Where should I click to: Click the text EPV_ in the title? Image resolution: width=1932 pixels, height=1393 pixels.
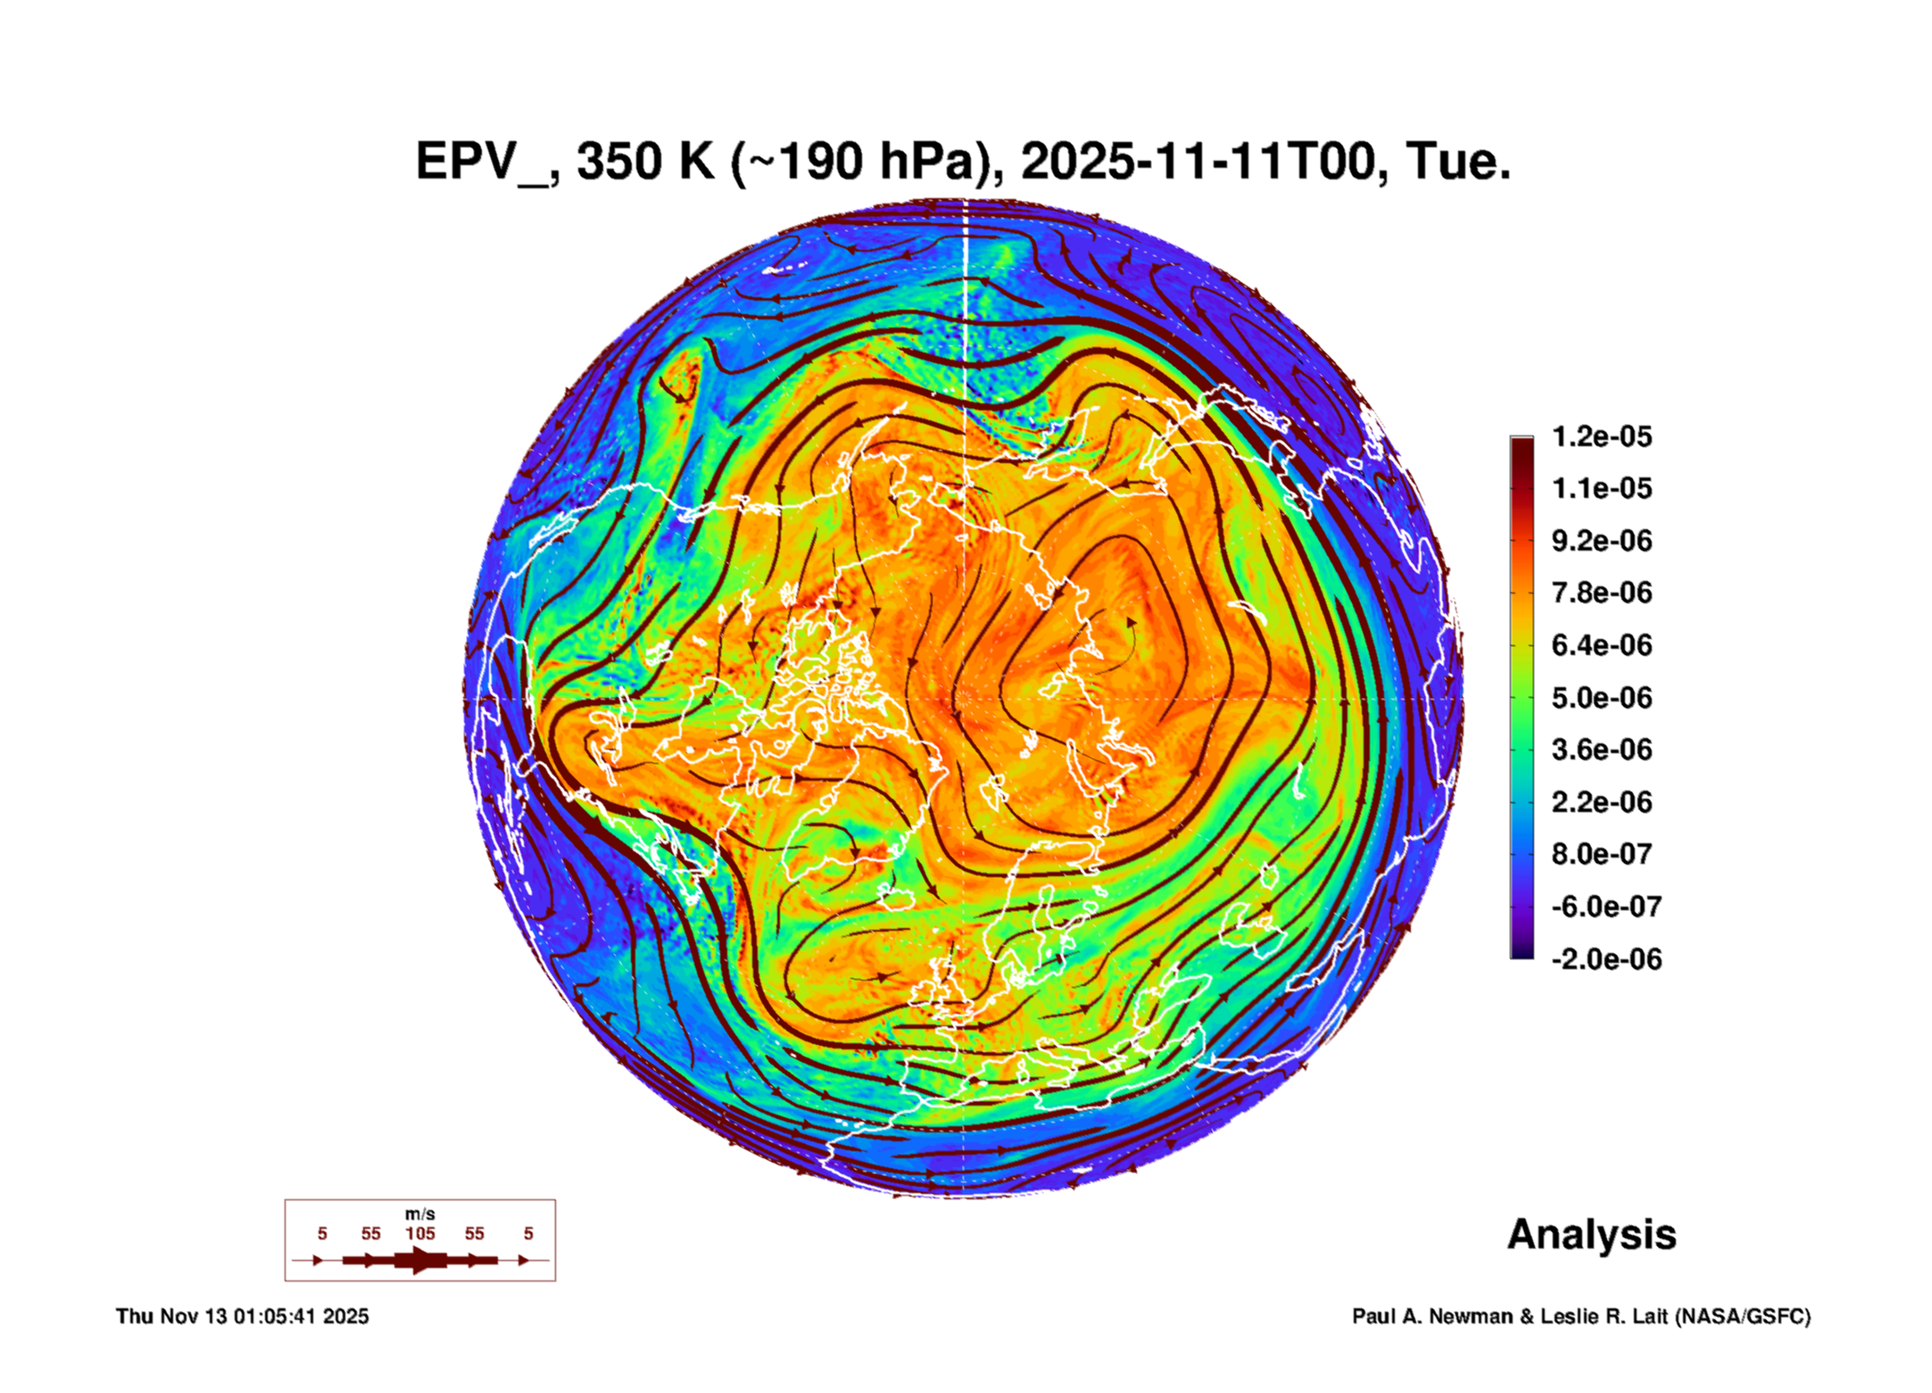[x=482, y=162]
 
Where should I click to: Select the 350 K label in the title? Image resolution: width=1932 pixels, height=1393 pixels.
[x=646, y=162]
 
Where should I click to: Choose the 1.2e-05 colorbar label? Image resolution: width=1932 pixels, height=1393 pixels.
[x=1602, y=436]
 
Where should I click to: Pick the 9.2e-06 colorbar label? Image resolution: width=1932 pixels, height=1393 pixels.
[x=1602, y=541]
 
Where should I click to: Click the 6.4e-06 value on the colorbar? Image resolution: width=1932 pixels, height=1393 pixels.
[x=1602, y=645]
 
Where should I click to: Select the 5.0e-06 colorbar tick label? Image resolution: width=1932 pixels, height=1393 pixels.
[x=1602, y=698]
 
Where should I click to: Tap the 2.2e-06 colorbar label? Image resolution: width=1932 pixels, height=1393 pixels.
[x=1602, y=802]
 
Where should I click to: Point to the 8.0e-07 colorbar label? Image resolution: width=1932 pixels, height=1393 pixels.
[x=1602, y=854]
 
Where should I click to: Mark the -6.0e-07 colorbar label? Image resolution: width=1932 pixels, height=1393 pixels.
[x=1605, y=907]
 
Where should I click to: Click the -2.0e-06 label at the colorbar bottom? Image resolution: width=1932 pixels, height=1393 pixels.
[x=1605, y=959]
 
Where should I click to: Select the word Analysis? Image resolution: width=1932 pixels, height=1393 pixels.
[x=1591, y=1235]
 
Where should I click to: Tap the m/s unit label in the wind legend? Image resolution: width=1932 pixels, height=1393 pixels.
[x=419, y=1215]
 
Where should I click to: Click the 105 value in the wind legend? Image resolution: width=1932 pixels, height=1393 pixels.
[x=419, y=1234]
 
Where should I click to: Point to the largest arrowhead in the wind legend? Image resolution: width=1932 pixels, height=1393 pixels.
[x=421, y=1260]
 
